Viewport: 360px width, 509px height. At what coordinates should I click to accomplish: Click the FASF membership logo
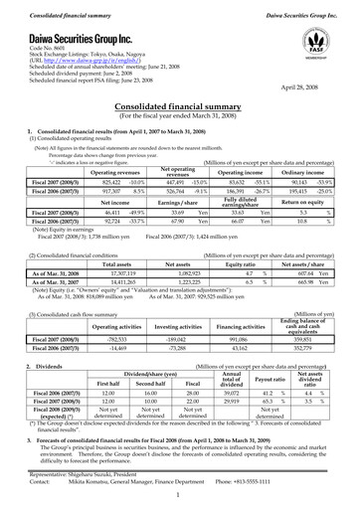point(317,45)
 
